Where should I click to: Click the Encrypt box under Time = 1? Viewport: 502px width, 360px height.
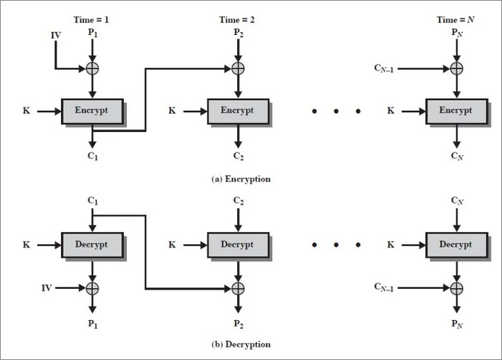point(92,111)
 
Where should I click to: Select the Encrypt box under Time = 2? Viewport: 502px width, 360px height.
point(238,111)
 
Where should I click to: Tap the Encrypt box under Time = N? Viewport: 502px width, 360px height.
point(456,111)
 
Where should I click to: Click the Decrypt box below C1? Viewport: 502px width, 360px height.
point(92,245)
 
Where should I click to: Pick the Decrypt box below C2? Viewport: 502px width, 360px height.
point(238,245)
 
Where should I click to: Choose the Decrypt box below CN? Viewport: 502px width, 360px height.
point(456,245)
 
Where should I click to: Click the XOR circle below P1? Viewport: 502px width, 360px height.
point(93,69)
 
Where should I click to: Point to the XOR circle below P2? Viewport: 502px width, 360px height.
point(238,69)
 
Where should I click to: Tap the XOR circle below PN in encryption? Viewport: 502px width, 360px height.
point(456,69)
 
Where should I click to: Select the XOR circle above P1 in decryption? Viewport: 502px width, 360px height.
point(93,288)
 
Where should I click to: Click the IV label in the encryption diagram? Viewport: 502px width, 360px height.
point(56,35)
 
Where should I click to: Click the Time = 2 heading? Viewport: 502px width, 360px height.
point(238,20)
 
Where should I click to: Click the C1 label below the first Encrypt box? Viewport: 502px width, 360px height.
point(93,157)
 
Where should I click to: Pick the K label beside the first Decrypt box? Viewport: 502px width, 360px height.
point(26,245)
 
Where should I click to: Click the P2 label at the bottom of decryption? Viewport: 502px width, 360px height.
point(238,324)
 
